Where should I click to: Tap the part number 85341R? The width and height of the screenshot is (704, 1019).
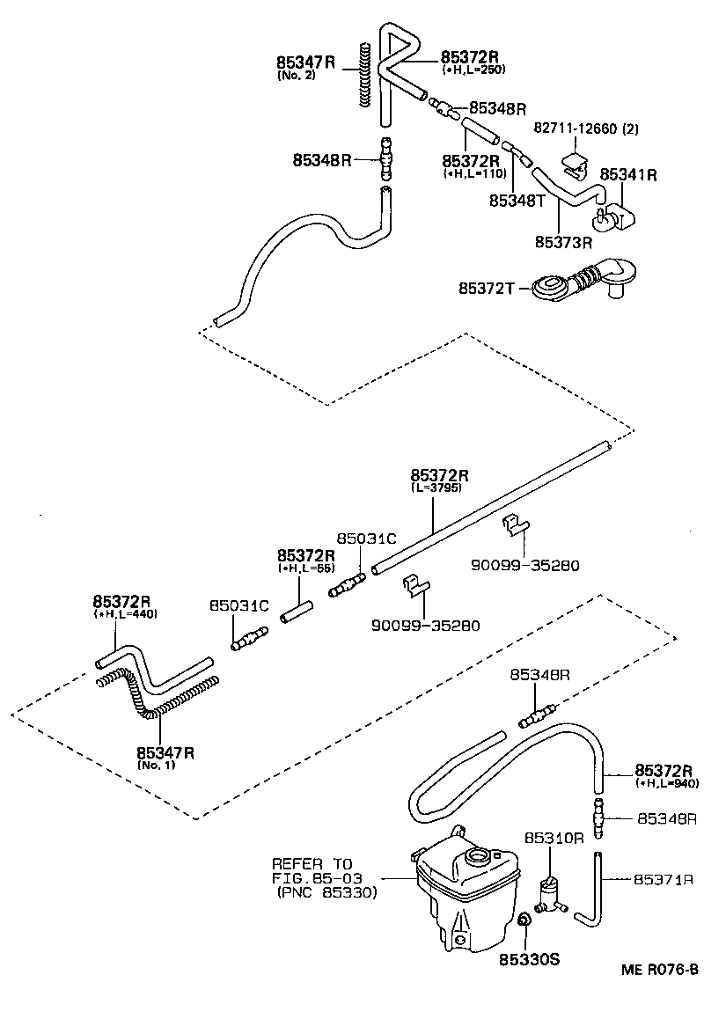tap(628, 174)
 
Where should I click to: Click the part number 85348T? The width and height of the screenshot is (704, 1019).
tap(518, 200)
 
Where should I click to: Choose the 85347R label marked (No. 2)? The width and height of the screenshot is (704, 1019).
tap(306, 62)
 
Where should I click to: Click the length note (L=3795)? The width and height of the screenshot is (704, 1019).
tap(436, 487)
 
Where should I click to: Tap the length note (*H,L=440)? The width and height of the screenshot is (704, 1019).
tap(125, 613)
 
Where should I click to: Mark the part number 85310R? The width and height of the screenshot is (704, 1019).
tap(554, 838)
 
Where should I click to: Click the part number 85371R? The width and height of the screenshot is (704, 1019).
tap(665, 879)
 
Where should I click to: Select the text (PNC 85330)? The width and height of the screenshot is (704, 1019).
tap(325, 893)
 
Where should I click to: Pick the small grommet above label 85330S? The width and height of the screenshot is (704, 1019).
tap(524, 920)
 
